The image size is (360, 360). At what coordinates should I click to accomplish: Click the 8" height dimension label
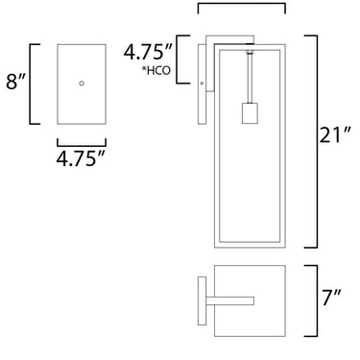pos(15,82)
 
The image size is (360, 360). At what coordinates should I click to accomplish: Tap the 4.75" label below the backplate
pos(81,157)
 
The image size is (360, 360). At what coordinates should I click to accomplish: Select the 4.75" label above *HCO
pos(149,52)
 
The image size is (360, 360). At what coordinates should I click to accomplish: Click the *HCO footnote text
pos(156,70)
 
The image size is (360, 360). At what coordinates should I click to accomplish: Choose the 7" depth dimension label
pos(331,298)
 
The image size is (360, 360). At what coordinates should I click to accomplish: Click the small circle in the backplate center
pos(82,84)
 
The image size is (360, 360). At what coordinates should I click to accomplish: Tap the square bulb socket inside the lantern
pos(250,113)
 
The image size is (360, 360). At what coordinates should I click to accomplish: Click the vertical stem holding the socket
pos(250,79)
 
